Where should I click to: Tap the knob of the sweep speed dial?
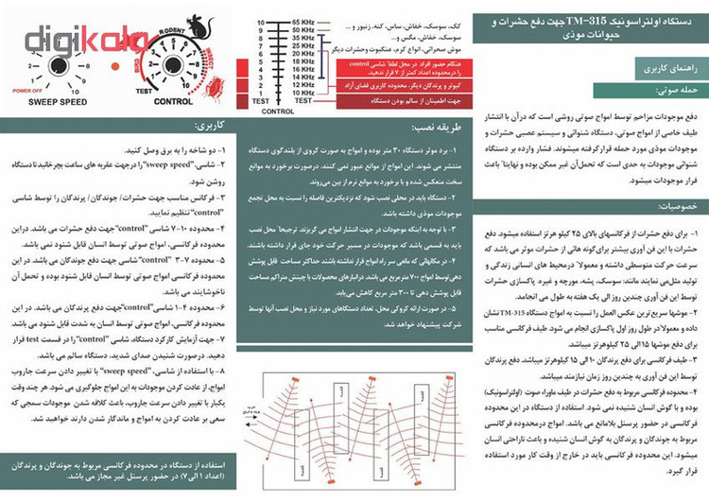click(x=58, y=66)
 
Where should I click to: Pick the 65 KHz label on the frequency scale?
click(x=303, y=21)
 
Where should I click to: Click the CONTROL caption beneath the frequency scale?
click(x=279, y=112)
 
